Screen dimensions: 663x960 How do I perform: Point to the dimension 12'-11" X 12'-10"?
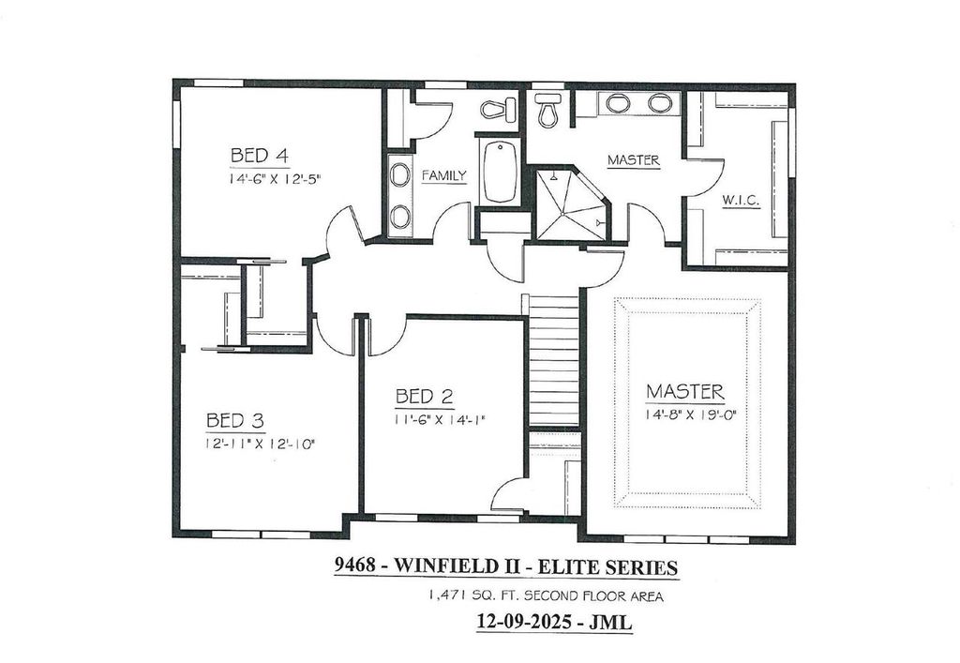tap(260, 442)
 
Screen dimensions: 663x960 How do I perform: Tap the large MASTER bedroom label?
tap(684, 390)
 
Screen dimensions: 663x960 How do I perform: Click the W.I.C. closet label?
tap(741, 201)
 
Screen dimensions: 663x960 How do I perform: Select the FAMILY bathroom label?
tap(443, 175)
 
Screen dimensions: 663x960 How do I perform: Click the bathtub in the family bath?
tap(500, 172)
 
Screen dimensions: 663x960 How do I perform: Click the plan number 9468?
tap(355, 566)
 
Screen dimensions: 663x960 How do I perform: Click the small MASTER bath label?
tap(633, 160)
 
